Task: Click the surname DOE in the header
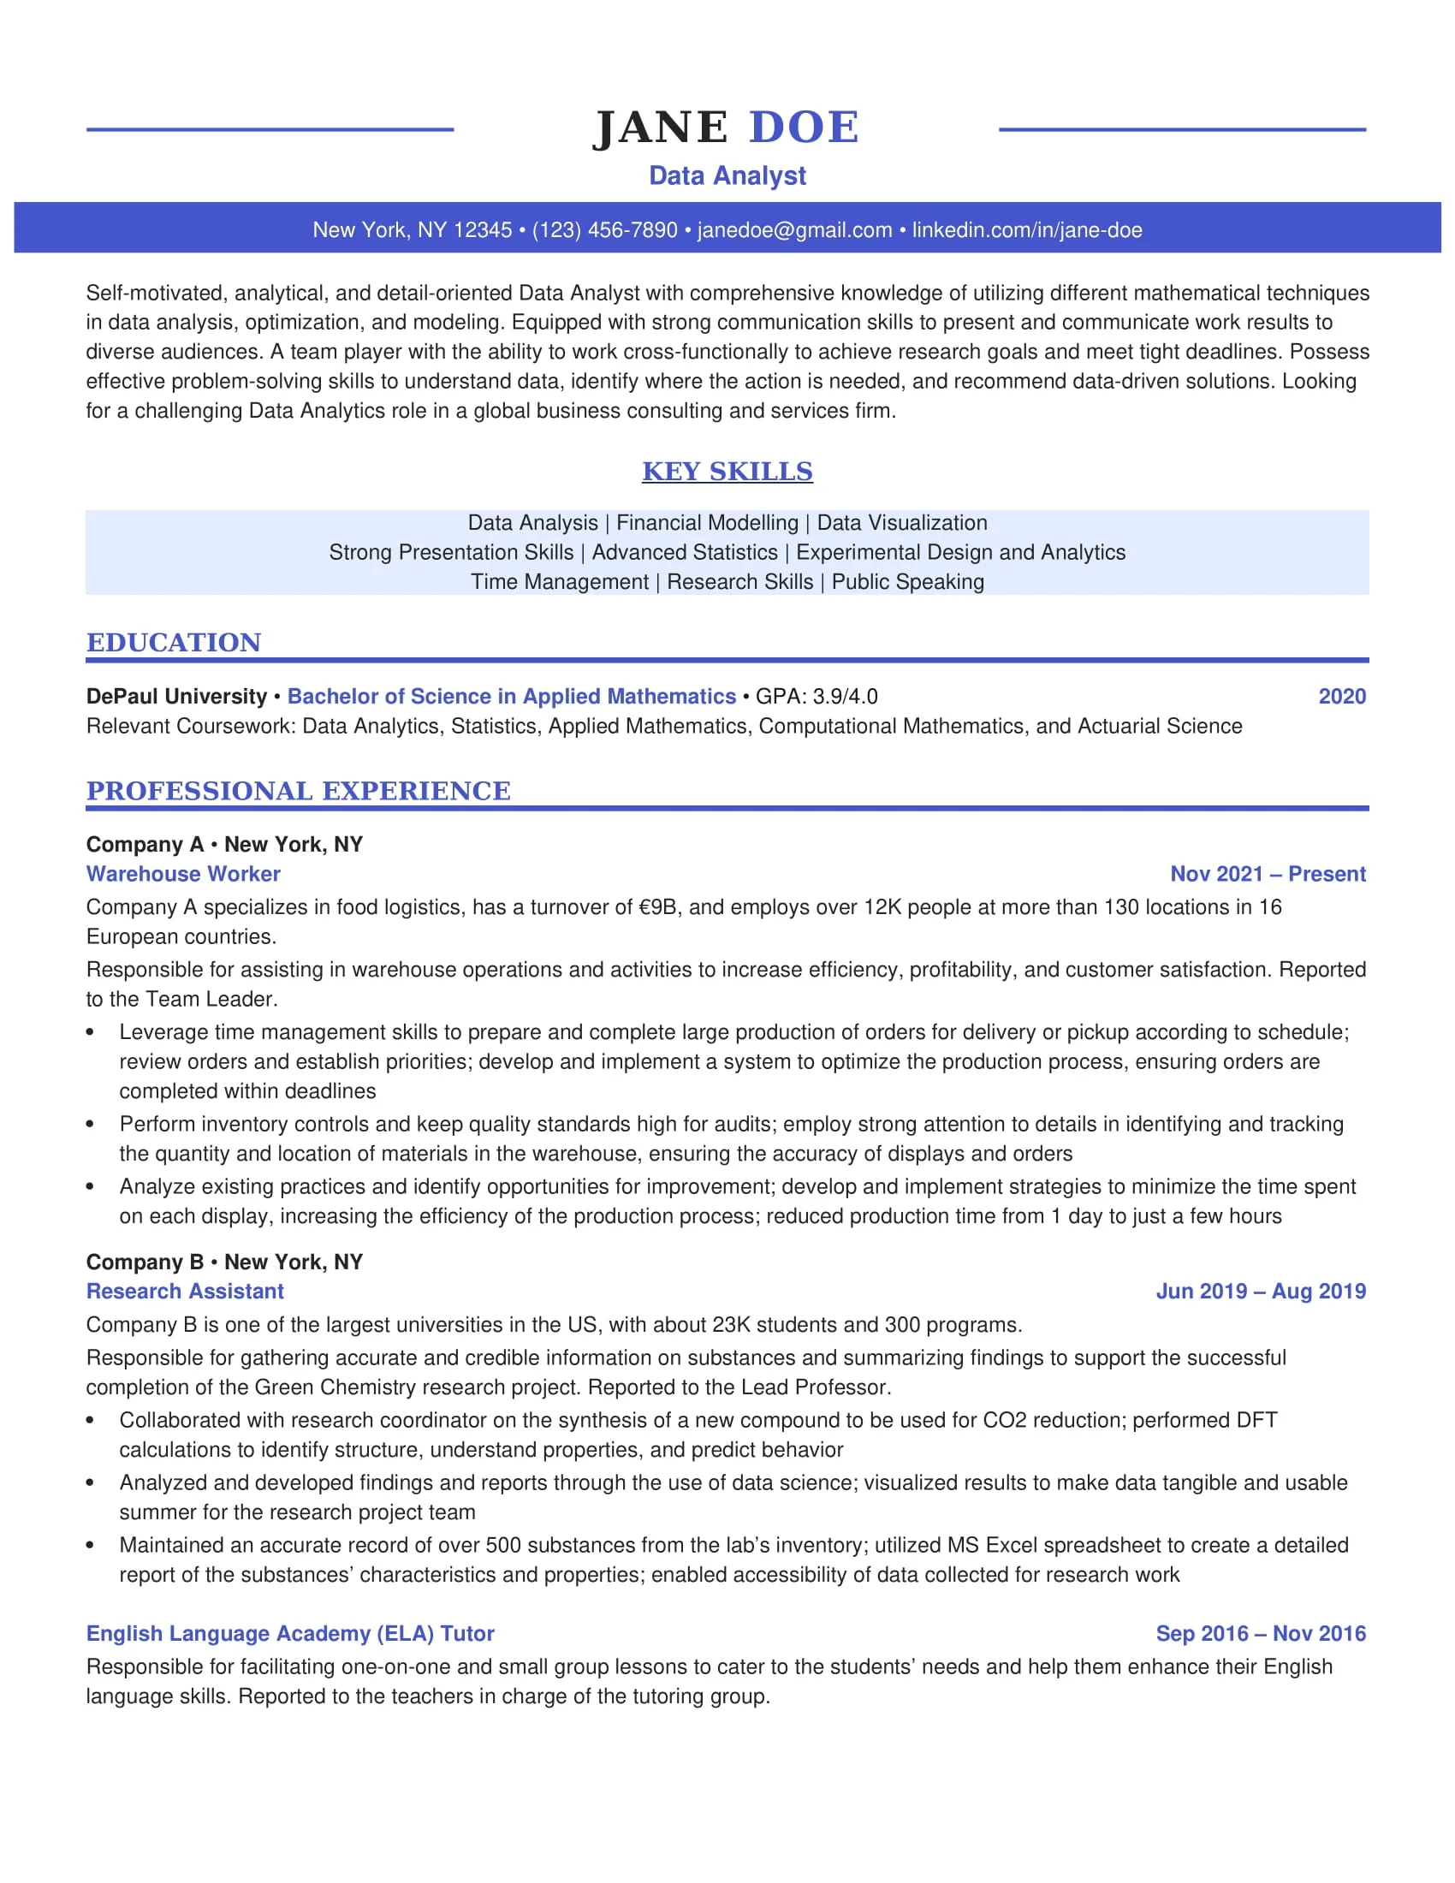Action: click(804, 128)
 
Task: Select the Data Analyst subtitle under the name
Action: click(727, 175)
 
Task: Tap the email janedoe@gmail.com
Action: click(794, 230)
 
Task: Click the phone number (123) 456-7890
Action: click(604, 230)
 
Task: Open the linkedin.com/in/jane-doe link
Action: click(1026, 230)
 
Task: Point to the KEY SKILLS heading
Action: click(727, 472)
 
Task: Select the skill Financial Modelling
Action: click(707, 523)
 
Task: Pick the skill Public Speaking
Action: click(906, 582)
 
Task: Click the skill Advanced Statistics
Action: click(685, 553)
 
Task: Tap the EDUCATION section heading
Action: click(173, 642)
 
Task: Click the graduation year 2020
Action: click(1341, 697)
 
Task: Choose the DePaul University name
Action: click(176, 697)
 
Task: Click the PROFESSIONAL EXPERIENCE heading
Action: click(298, 791)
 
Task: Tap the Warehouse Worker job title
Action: click(183, 874)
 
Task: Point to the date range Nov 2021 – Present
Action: click(1267, 874)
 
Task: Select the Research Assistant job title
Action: click(185, 1292)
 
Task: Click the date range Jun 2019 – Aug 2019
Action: click(1260, 1292)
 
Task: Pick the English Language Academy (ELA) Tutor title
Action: click(289, 1634)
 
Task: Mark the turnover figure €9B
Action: click(657, 908)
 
